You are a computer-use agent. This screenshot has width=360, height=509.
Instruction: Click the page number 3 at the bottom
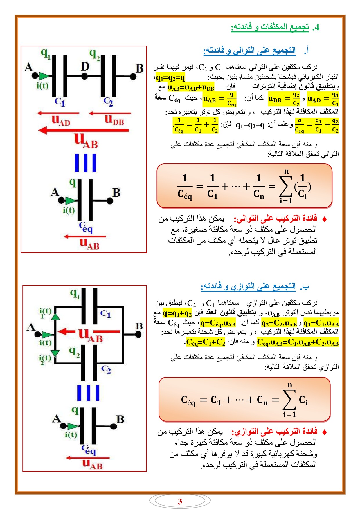(x=180, y=501)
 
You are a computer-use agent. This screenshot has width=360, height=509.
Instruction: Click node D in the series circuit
(x=84, y=76)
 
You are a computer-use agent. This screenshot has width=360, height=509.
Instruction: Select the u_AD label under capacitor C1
(x=61, y=120)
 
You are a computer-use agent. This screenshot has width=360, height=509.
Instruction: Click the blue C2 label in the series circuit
(x=108, y=101)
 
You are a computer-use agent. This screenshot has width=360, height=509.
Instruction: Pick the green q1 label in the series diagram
(x=46, y=54)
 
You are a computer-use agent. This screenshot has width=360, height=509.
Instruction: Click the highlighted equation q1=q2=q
(x=170, y=77)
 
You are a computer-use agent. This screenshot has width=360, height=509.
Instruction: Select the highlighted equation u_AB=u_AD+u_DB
(x=191, y=87)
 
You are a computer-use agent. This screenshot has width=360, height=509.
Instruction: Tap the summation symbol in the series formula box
(x=286, y=187)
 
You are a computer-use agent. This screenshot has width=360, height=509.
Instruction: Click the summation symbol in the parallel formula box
(x=289, y=400)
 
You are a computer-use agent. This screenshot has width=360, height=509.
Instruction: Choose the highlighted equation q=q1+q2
(x=177, y=313)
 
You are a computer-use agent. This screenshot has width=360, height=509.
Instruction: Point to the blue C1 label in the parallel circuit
(x=105, y=314)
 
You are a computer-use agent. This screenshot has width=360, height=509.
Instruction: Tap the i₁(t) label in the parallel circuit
(x=45, y=312)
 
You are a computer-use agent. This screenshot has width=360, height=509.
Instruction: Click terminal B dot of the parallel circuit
(x=138, y=335)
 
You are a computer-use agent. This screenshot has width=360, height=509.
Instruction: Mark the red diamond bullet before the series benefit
(x=325, y=219)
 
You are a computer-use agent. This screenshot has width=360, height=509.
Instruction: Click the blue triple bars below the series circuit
(x=85, y=163)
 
